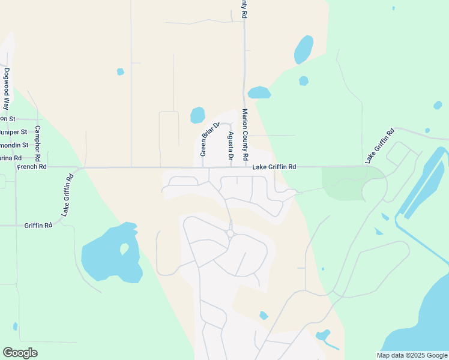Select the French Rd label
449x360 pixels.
pos(31,167)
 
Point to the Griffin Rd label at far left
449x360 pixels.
pos(38,226)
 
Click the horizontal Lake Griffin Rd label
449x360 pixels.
pos(274,167)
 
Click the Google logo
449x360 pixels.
pos(20,353)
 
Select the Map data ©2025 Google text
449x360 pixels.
pos(412,355)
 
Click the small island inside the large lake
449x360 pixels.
pos(125,248)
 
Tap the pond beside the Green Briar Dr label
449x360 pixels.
pos(197,115)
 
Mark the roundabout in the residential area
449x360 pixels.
pos(230,233)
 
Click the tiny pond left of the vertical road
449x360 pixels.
pos(120,71)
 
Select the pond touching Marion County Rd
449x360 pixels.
pos(259,93)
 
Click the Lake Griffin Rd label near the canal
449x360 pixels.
pos(379,145)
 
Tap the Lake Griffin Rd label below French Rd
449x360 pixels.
pos(67,195)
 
